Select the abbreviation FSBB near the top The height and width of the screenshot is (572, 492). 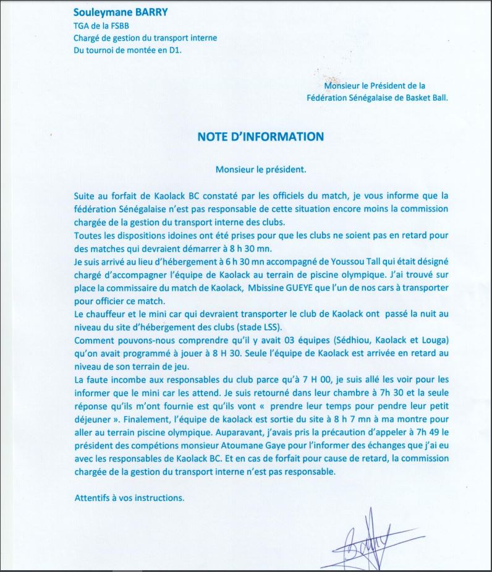click(x=116, y=26)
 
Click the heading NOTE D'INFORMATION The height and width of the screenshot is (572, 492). click(x=260, y=136)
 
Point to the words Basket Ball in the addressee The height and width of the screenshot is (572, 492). click(x=425, y=97)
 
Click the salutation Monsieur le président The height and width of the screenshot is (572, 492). click(x=260, y=169)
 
